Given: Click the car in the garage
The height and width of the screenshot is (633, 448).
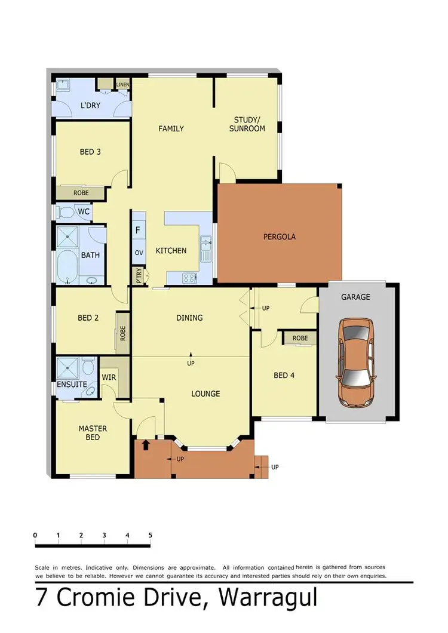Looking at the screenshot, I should [356, 363].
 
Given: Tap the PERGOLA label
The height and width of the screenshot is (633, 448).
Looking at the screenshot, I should [280, 236].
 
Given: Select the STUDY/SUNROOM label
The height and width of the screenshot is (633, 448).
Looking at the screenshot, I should [247, 124].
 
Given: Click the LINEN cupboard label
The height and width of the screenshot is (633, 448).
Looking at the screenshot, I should [123, 84].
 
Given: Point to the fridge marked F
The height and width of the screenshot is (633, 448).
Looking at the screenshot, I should [138, 229].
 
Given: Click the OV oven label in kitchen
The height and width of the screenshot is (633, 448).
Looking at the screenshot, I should [139, 253].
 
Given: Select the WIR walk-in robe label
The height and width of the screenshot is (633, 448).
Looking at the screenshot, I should [109, 377].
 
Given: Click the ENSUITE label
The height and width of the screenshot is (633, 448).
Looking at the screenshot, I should [72, 385].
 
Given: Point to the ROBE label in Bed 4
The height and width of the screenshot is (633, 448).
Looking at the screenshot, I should [300, 338].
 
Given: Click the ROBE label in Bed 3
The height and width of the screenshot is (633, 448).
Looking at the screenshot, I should [81, 193].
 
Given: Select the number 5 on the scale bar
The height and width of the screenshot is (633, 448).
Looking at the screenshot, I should [150, 535].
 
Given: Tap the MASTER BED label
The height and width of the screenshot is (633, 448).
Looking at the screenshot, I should [93, 433].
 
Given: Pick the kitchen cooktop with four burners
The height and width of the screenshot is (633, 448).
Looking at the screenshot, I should [190, 277].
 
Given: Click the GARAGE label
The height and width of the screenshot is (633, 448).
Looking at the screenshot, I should [355, 297].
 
